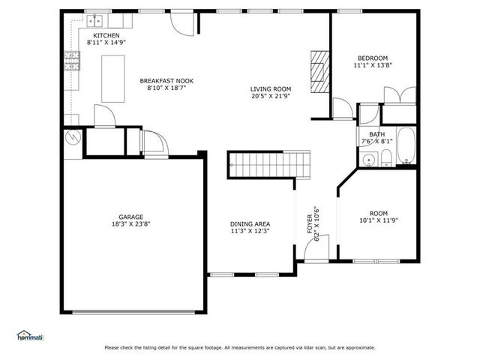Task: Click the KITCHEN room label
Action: click(106, 35)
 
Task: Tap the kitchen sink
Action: click(94, 21)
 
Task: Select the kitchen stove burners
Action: click(72, 61)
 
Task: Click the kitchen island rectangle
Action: click(113, 79)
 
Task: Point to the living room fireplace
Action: click(320, 72)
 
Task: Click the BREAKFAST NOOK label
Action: click(166, 81)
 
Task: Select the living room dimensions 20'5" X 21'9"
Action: click(271, 96)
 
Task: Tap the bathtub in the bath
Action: click(406, 146)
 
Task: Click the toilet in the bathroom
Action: click(386, 158)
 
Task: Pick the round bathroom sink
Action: click(368, 160)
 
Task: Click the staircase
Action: click(268, 165)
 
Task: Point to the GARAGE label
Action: click(131, 217)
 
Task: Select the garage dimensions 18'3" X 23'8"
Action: click(131, 224)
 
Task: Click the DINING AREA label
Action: click(250, 224)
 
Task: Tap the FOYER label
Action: click(310, 224)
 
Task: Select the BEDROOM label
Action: click(373, 58)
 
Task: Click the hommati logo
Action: click(30, 335)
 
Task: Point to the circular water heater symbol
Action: click(73, 137)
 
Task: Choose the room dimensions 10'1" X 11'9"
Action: click(379, 220)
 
